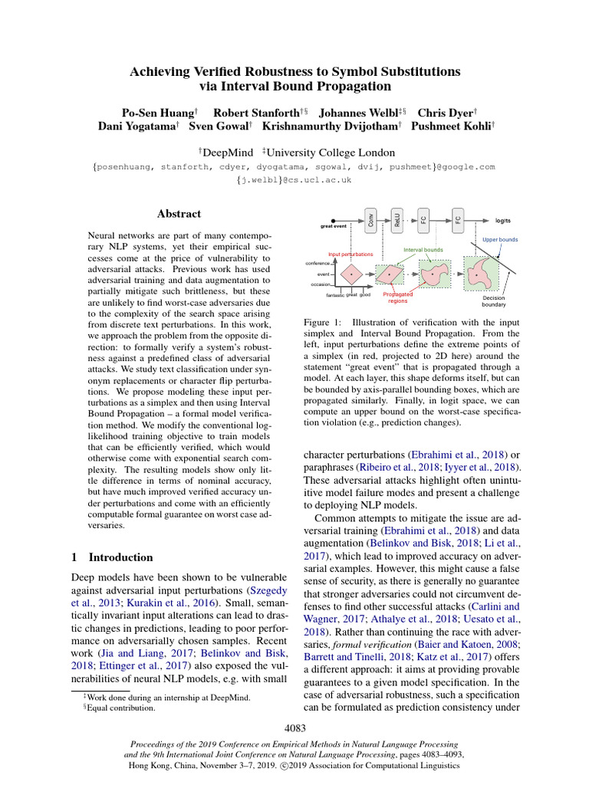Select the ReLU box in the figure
coord(397,220)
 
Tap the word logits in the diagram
coord(503,221)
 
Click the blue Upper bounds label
coord(499,240)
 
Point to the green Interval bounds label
coord(423,250)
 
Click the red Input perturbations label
coord(350,254)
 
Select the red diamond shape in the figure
coord(352,273)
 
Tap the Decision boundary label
coord(494,301)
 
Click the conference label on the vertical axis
coord(318,263)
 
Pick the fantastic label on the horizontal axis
coord(335,294)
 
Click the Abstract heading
coord(179,214)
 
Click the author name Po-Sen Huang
coord(152,112)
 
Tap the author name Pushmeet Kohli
coord(452,126)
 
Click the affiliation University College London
coord(331,153)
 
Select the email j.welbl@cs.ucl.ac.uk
coord(294,180)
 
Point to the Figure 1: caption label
coord(323,324)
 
